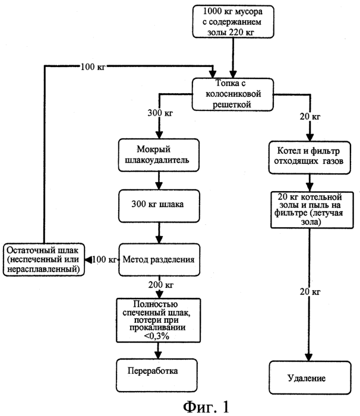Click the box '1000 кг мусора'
point(233,21)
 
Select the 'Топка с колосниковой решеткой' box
point(232,94)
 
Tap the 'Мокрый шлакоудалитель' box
point(159,155)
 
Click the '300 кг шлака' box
point(159,206)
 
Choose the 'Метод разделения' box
point(159,260)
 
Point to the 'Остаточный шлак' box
point(44,260)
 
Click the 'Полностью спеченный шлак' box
point(158,320)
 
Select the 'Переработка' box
point(157,375)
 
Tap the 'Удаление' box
point(310,377)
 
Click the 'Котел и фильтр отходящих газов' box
point(310,158)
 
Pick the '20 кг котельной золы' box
point(312,210)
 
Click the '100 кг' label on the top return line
point(93,66)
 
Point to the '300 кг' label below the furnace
point(160,113)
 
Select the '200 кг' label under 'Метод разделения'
point(161,285)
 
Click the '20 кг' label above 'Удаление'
point(310,291)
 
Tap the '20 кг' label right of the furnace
point(310,116)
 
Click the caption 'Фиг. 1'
point(206,407)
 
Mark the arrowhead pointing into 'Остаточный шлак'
point(89,260)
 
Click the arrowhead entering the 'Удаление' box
point(309,357)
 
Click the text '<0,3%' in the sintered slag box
point(157,336)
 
